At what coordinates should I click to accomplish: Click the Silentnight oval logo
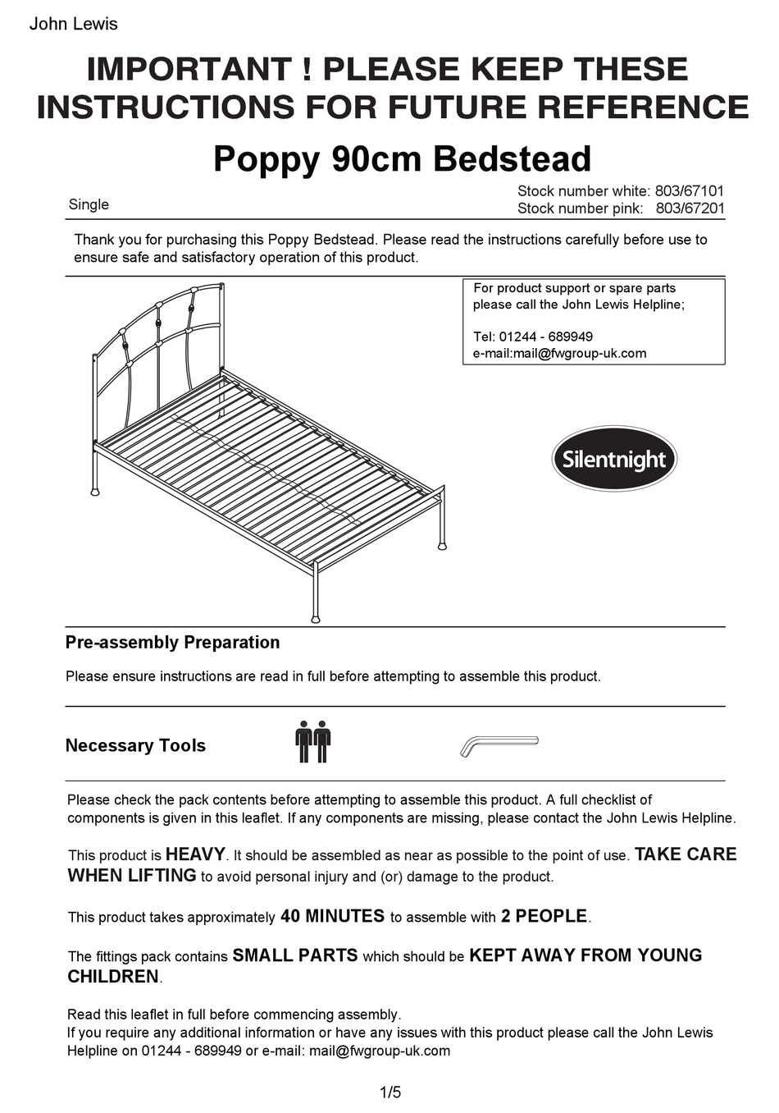click(x=614, y=459)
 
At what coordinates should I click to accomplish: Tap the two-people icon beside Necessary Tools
click(x=312, y=741)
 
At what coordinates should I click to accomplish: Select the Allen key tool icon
click(x=499, y=745)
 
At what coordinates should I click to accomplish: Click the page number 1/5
click(x=390, y=1092)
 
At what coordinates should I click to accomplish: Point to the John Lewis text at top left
click(x=73, y=24)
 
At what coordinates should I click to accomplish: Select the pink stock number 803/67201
click(x=690, y=208)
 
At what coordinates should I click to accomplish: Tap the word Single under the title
click(x=89, y=204)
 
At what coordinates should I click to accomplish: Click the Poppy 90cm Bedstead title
click(x=402, y=158)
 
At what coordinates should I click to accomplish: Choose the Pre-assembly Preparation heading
click(x=172, y=642)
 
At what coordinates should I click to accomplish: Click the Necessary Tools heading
click(x=135, y=745)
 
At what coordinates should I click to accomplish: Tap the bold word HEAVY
click(x=194, y=854)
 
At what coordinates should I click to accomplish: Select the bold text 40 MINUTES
click(x=332, y=916)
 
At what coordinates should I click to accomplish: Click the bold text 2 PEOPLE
click(x=544, y=916)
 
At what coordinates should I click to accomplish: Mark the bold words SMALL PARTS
click(x=295, y=955)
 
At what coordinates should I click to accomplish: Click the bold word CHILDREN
click(x=113, y=977)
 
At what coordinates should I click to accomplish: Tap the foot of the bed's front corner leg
click(x=315, y=617)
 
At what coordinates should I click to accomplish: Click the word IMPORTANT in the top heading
click(x=190, y=69)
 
